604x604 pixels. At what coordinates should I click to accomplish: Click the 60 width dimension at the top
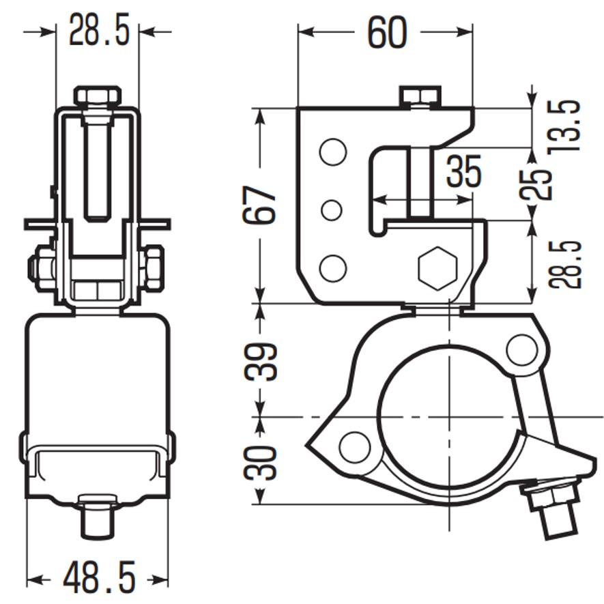[387, 33]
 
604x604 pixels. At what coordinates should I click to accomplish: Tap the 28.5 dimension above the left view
[99, 31]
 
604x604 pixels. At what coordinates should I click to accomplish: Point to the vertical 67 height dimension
[260, 204]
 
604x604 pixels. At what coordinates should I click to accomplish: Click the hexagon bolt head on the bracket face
[437, 268]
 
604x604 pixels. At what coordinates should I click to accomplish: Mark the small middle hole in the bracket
[332, 210]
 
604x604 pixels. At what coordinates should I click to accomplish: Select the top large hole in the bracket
[332, 152]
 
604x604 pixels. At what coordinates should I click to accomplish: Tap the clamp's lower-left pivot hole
[354, 447]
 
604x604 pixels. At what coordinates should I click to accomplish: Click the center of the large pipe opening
[448, 416]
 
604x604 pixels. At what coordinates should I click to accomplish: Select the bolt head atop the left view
[98, 96]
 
